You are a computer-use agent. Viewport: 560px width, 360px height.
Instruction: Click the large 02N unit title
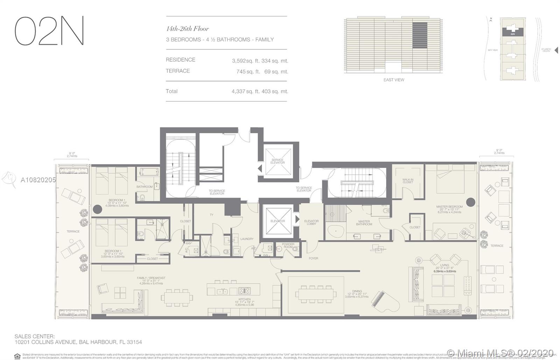click(49, 31)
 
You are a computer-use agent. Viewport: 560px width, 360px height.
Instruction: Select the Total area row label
click(171, 91)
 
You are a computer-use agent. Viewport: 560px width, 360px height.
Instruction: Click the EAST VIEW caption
click(394, 80)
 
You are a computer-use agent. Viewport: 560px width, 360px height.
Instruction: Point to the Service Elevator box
click(278, 161)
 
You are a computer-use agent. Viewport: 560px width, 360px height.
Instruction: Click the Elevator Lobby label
click(311, 223)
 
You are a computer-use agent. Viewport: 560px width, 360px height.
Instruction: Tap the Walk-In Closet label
click(408, 181)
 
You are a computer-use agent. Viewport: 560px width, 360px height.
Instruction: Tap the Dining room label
click(357, 291)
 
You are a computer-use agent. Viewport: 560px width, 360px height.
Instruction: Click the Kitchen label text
click(245, 299)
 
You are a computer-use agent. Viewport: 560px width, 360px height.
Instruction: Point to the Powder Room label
click(288, 245)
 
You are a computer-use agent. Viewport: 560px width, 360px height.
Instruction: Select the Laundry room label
click(247, 239)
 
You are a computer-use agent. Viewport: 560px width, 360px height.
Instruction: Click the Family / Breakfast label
click(151, 278)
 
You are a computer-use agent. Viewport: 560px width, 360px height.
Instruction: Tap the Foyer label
click(313, 259)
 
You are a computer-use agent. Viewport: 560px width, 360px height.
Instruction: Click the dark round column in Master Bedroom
click(470, 202)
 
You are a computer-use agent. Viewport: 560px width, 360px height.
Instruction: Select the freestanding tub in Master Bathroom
click(335, 232)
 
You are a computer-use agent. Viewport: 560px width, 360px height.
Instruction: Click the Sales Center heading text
click(35, 337)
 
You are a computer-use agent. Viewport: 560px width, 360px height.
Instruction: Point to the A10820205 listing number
click(38, 180)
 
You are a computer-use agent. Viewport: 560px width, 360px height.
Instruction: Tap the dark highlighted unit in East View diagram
click(420, 33)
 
